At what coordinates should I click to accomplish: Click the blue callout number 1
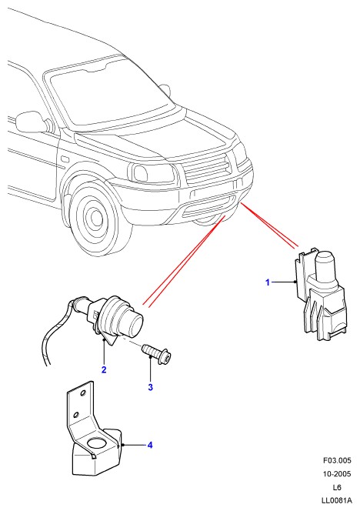pyautogui.click(x=268, y=282)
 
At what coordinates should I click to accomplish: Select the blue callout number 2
pyautogui.click(x=104, y=369)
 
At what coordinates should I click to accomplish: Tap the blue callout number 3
pyautogui.click(x=150, y=387)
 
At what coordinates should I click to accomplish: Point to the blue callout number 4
pyautogui.click(x=150, y=445)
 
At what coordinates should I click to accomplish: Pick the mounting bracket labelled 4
pyautogui.click(x=94, y=430)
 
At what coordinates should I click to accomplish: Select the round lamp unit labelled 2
pyautogui.click(x=117, y=319)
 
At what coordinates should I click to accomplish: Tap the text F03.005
pyautogui.click(x=337, y=460)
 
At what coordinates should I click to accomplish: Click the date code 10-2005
pyautogui.click(x=337, y=473)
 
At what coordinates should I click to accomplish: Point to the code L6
pyautogui.click(x=337, y=487)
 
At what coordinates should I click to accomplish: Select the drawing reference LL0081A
pyautogui.click(x=336, y=500)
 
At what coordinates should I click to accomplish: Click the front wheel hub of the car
pyautogui.click(x=96, y=216)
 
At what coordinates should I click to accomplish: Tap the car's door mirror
pyautogui.click(x=30, y=122)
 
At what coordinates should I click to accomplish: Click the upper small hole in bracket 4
pyautogui.click(x=83, y=392)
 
